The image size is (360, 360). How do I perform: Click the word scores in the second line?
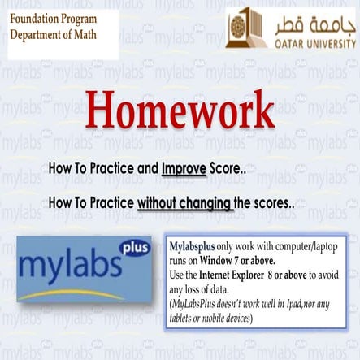tap(273, 203)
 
